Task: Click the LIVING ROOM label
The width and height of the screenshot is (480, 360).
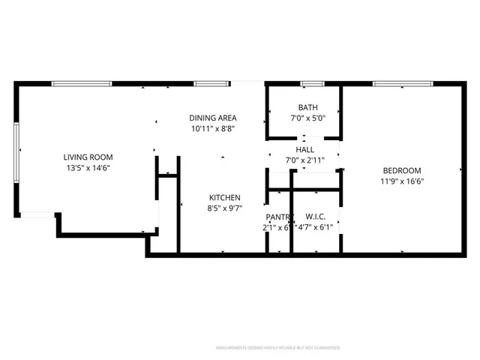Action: coord(88,157)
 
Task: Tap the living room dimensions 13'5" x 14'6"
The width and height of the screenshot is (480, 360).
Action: coord(88,168)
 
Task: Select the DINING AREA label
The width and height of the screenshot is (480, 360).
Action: coord(213,118)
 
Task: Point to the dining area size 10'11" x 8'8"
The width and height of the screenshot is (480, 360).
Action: coord(213,129)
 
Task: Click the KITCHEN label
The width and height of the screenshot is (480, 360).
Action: coord(224,197)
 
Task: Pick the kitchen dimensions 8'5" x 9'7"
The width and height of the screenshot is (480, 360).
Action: coord(224,208)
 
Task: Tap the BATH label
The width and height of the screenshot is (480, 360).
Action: coord(307,107)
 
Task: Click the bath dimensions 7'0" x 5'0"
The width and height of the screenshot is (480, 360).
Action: coord(307,118)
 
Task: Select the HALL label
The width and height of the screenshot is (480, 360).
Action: coord(304,150)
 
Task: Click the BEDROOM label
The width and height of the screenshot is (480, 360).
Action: coord(402,170)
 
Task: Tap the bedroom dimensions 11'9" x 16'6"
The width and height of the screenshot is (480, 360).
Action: coord(402,181)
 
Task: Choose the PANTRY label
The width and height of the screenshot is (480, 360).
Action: coord(276,217)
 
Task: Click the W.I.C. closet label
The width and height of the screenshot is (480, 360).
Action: coord(315,217)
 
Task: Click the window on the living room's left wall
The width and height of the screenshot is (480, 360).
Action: coord(16,149)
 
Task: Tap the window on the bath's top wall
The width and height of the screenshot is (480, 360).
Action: coord(312,82)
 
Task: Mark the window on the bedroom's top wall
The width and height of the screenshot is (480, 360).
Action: coord(397,82)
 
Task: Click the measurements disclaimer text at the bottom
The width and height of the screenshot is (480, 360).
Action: coord(278,348)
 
